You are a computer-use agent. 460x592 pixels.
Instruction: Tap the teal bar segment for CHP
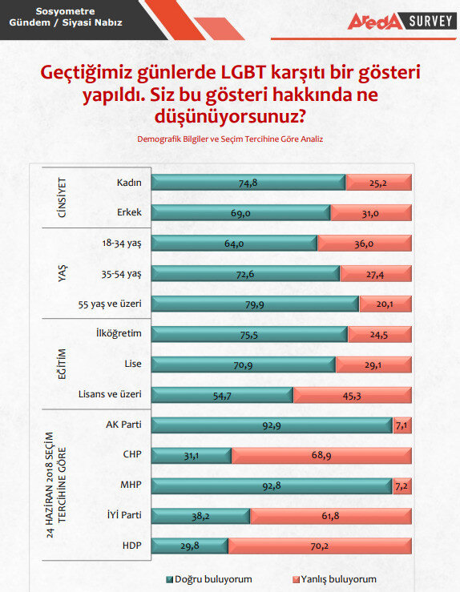(192, 456)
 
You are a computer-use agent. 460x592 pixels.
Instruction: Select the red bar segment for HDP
(319, 546)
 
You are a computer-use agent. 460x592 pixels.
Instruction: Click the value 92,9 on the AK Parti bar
(271, 425)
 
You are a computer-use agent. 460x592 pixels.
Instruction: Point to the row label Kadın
(129, 183)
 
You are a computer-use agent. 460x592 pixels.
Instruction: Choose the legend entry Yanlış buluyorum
(336, 578)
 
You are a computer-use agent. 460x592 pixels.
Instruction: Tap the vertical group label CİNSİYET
(62, 197)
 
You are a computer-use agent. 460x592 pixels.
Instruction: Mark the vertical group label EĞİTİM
(62, 364)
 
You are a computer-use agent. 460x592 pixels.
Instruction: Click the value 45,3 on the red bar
(352, 395)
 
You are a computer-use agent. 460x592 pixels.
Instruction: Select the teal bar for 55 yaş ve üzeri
(255, 304)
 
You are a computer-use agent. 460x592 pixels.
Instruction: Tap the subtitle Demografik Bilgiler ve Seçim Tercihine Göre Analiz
(229, 139)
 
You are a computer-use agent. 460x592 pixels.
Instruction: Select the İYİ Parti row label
(119, 516)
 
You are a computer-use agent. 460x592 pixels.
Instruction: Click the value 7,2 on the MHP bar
(402, 486)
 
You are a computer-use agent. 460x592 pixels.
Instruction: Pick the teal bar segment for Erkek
(240, 213)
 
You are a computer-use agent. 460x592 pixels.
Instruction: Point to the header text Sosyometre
(67, 12)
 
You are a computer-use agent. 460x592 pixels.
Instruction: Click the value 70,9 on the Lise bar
(243, 364)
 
